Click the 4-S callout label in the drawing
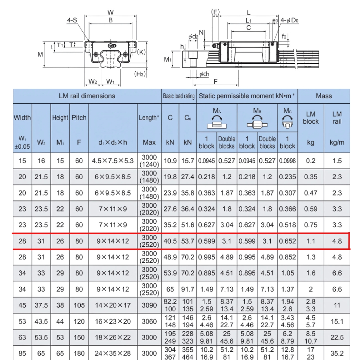[72, 20]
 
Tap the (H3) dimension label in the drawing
[140, 74]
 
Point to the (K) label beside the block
[141, 52]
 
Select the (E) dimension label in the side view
[215, 12]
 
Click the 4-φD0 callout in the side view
[289, 21]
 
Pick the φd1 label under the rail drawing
[203, 74]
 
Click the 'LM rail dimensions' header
[87, 96]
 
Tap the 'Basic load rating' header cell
[179, 96]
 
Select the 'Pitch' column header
[79, 118]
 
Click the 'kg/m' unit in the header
[337, 142]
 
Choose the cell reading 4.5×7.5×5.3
[113, 161]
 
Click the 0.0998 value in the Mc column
[287, 161]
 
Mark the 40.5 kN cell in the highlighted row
[170, 241]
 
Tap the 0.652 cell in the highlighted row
[287, 241]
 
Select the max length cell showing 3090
[149, 305]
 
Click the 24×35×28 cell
[113, 354]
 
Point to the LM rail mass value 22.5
[337, 337]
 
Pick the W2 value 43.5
[41, 321]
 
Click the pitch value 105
[79, 305]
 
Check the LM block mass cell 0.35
[311, 177]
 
